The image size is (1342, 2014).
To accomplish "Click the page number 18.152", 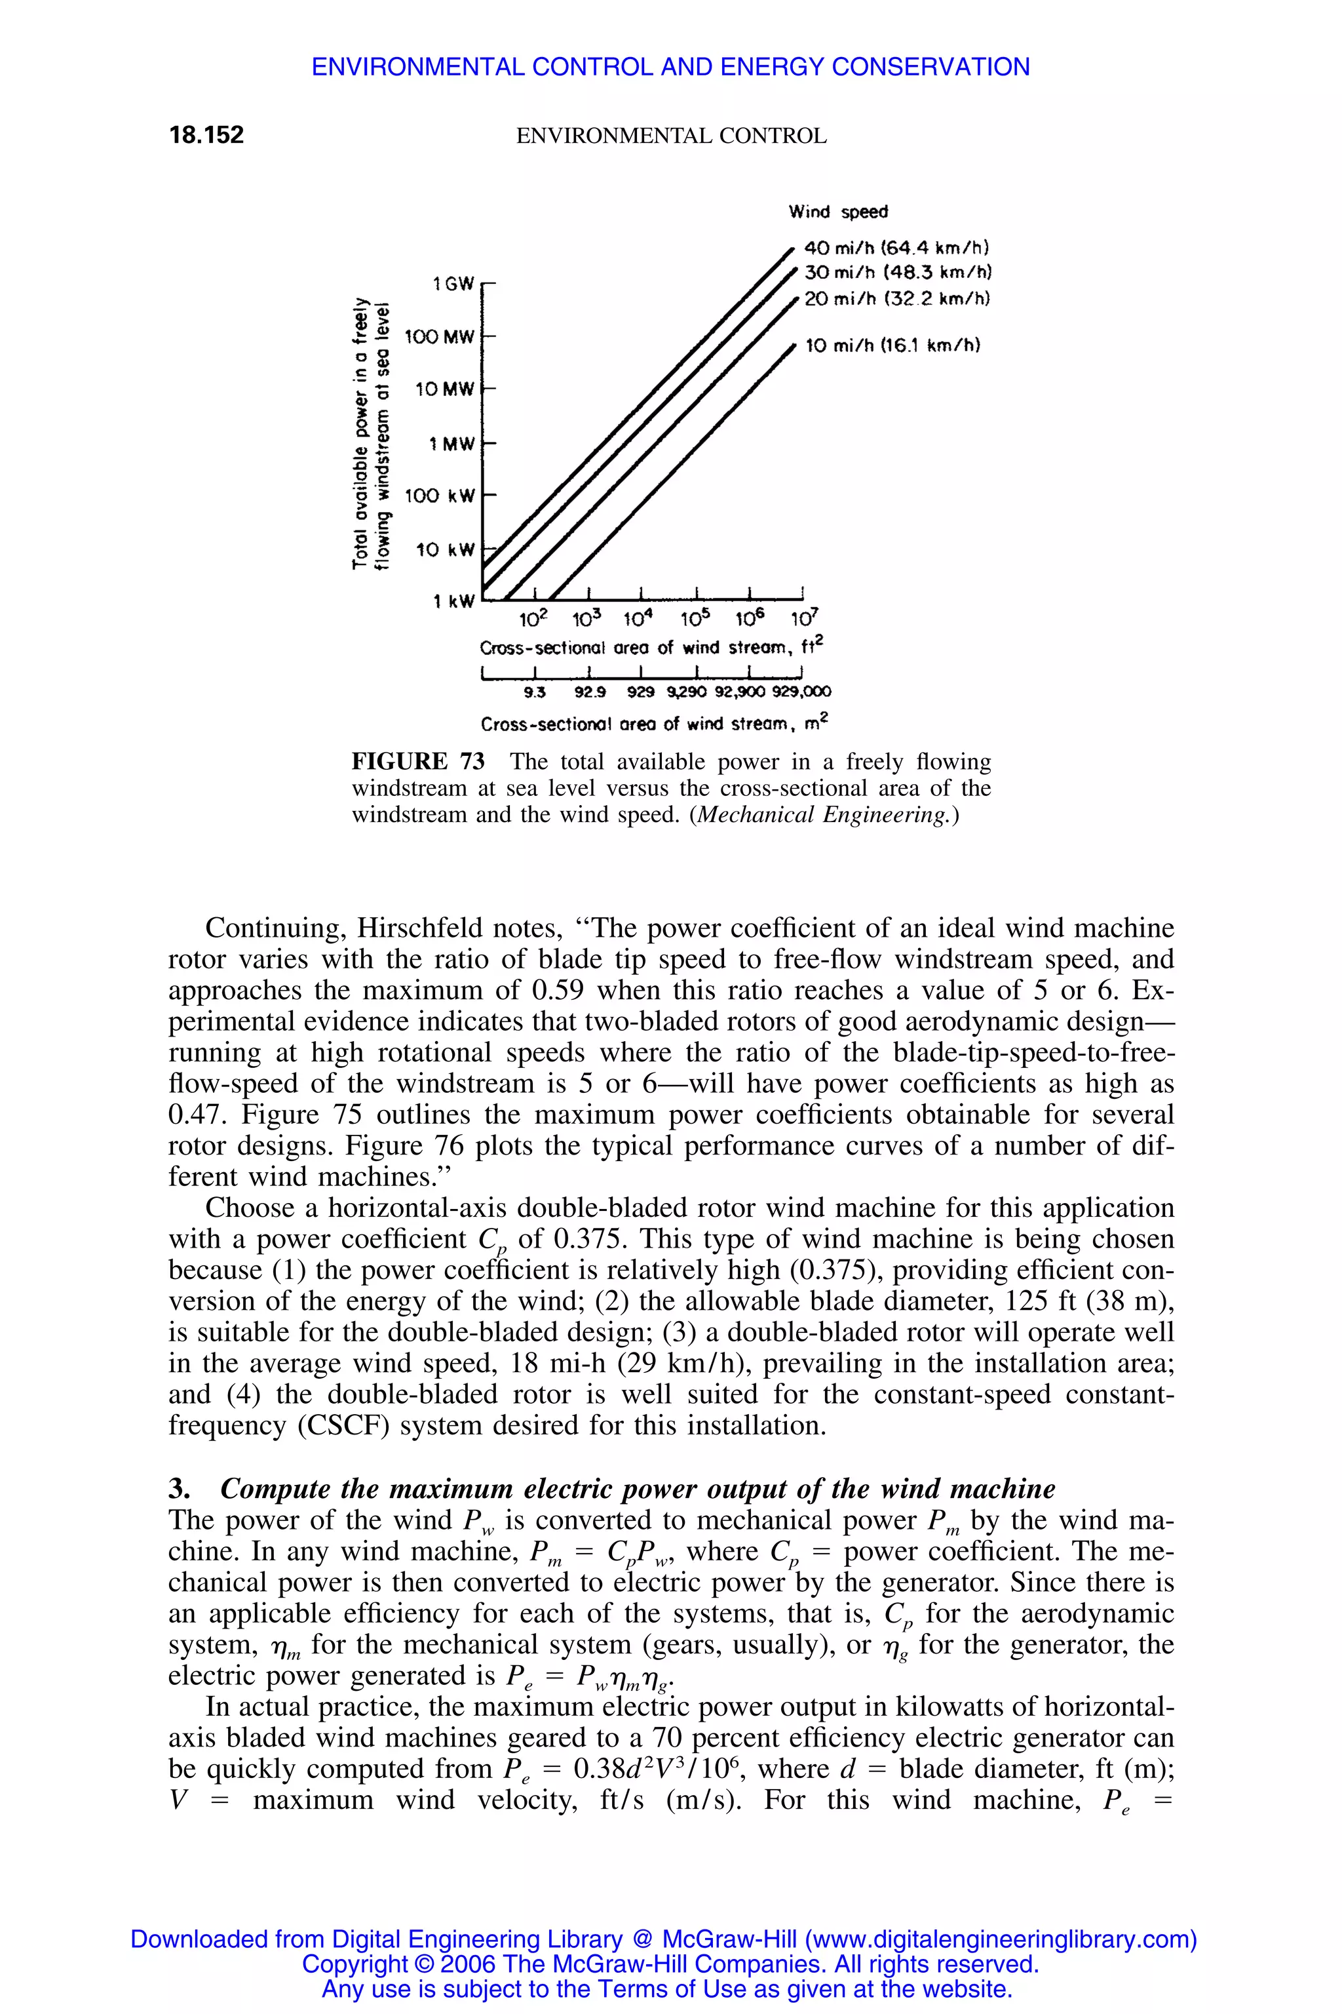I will tap(206, 135).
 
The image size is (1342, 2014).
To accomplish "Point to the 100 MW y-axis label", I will tap(438, 338).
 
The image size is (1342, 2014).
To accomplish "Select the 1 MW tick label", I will tap(451, 444).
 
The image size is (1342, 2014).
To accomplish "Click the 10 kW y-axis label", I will tap(444, 550).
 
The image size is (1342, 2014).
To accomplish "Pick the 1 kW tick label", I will tap(453, 602).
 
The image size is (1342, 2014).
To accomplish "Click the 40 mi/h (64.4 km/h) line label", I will tap(897, 248).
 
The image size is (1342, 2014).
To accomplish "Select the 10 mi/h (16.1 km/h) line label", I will tap(892, 346).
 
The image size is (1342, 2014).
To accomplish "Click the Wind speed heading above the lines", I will tap(838, 212).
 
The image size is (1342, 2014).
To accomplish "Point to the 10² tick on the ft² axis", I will tap(533, 618).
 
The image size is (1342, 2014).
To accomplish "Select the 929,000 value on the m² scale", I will tap(801, 691).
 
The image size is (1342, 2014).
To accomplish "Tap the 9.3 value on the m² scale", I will tap(534, 691).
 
